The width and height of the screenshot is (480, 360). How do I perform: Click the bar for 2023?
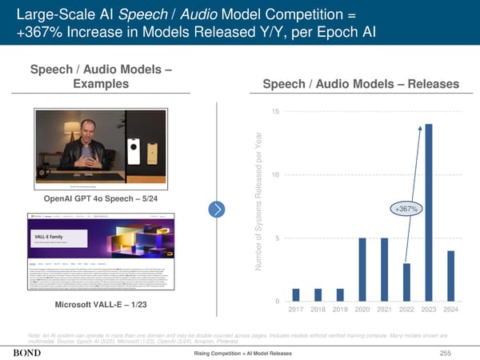click(429, 211)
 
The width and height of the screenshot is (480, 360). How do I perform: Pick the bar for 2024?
click(450, 274)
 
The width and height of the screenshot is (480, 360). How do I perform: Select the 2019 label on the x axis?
click(340, 310)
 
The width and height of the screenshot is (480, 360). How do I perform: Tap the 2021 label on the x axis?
click(384, 310)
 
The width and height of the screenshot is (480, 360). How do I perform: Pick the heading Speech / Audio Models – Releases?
click(355, 85)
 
